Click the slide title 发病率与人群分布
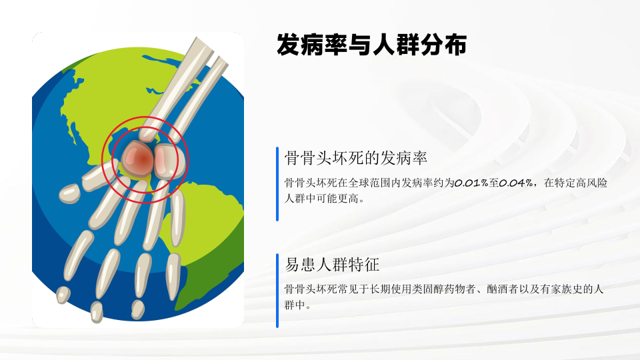371,45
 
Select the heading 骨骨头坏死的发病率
356,158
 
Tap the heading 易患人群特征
332,265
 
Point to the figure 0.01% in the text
471,183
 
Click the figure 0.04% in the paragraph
516,183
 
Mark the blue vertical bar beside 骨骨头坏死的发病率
277,184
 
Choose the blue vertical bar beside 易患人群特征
277,291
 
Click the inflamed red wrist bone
137,159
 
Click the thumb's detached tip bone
69,193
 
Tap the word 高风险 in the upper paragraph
591,183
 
